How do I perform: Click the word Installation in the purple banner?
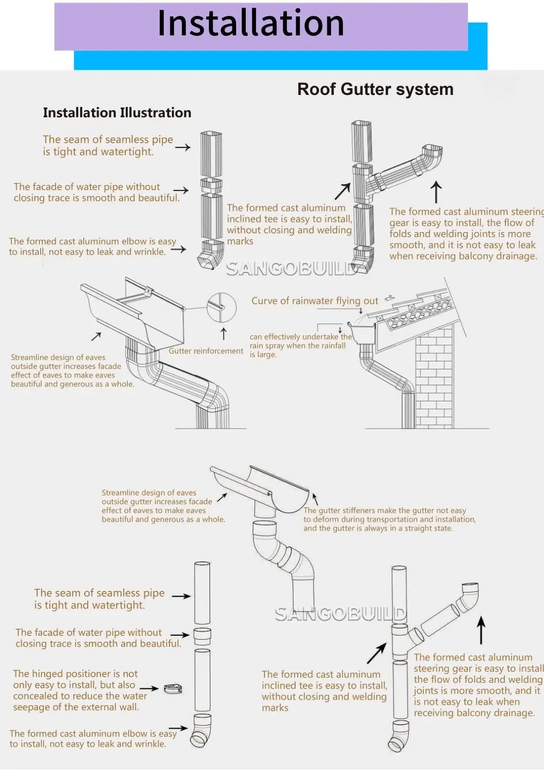pos(250,24)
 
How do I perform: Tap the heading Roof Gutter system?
pos(375,89)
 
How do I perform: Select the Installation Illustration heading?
pos(117,113)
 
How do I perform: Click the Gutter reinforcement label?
pos(206,351)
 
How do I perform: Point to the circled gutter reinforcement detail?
pos(221,307)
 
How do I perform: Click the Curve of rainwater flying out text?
pos(315,301)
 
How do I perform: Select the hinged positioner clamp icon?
pos(173,689)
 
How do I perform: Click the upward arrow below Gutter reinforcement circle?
pos(223,334)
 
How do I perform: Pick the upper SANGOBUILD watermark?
pos(291,268)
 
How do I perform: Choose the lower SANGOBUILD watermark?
pos(340,613)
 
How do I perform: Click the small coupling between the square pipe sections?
pos(211,185)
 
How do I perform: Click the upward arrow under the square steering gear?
pos(436,192)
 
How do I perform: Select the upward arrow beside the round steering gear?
pos(481,630)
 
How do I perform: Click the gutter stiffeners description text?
pos(389,519)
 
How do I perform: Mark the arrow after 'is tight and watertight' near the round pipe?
pos(181,596)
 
